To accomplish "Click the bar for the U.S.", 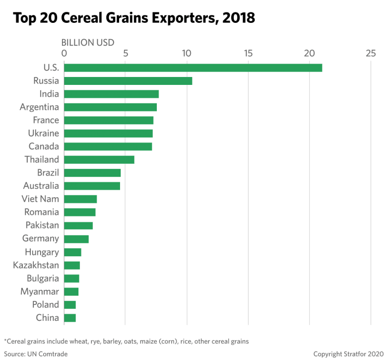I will (x=193, y=68).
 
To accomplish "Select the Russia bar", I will (x=128, y=81).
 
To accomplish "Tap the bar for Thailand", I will (x=99, y=160).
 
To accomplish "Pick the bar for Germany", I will (x=76, y=239).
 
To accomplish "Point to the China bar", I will (x=70, y=318).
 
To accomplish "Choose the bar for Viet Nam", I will (x=80, y=199).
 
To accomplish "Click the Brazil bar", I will (x=92, y=173).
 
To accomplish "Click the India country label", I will (x=49, y=94).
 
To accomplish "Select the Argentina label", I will (x=40, y=107).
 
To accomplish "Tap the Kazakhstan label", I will (x=36, y=265).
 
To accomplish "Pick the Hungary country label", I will (x=42, y=252).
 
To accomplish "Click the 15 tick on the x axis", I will (x=248, y=53).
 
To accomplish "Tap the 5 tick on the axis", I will (x=126, y=53).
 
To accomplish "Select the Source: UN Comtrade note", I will (x=35, y=354).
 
